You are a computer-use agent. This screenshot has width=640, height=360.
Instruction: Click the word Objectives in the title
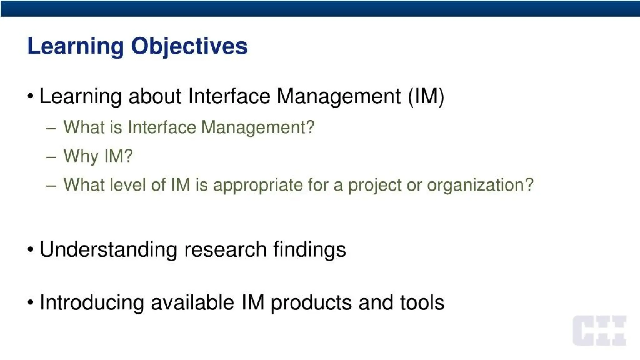[x=189, y=46]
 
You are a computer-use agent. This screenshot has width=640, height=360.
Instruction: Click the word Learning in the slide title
[x=75, y=46]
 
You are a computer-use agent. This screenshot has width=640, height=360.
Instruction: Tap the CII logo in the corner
[x=599, y=330]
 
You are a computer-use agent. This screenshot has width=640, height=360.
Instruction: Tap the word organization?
[x=480, y=185]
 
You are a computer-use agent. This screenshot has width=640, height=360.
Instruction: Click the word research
[x=225, y=250]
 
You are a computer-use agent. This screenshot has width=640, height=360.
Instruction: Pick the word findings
[x=309, y=250]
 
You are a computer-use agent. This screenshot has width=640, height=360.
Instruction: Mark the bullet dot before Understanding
[x=30, y=250]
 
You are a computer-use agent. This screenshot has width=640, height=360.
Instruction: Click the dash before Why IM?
[x=51, y=157]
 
